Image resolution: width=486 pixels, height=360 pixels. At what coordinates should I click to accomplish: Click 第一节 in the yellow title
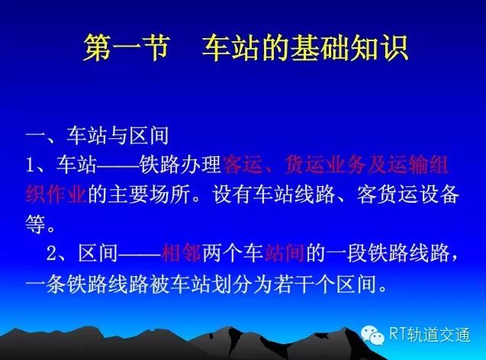127,48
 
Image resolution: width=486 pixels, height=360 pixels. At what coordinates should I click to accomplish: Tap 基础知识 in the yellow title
349,48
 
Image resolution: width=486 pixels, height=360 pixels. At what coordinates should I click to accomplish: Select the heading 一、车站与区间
98,136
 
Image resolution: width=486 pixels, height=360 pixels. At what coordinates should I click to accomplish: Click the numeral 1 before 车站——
30,165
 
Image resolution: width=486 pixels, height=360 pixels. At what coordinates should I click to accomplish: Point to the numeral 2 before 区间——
51,254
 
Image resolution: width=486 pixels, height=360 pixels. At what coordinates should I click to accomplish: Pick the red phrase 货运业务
325,164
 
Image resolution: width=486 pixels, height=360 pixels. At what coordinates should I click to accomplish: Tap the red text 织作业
56,194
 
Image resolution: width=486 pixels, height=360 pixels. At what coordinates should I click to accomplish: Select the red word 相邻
182,253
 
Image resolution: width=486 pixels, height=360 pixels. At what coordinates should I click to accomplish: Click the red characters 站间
285,253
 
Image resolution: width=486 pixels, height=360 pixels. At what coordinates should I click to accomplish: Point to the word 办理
201,164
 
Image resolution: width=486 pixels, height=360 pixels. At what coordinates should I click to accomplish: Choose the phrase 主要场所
149,194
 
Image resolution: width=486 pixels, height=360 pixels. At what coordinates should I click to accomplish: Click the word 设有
233,194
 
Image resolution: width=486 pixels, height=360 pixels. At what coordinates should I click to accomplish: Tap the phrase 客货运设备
407,194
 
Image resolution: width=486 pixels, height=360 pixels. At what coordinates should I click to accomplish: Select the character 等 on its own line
36,224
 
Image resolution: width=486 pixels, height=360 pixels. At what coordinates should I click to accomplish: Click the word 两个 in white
223,253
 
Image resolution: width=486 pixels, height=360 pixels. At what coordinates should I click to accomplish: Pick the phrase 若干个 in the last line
304,284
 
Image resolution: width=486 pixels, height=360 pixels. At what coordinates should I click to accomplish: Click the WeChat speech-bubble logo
372,335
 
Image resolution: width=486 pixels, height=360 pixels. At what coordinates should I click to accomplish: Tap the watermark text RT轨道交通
430,335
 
